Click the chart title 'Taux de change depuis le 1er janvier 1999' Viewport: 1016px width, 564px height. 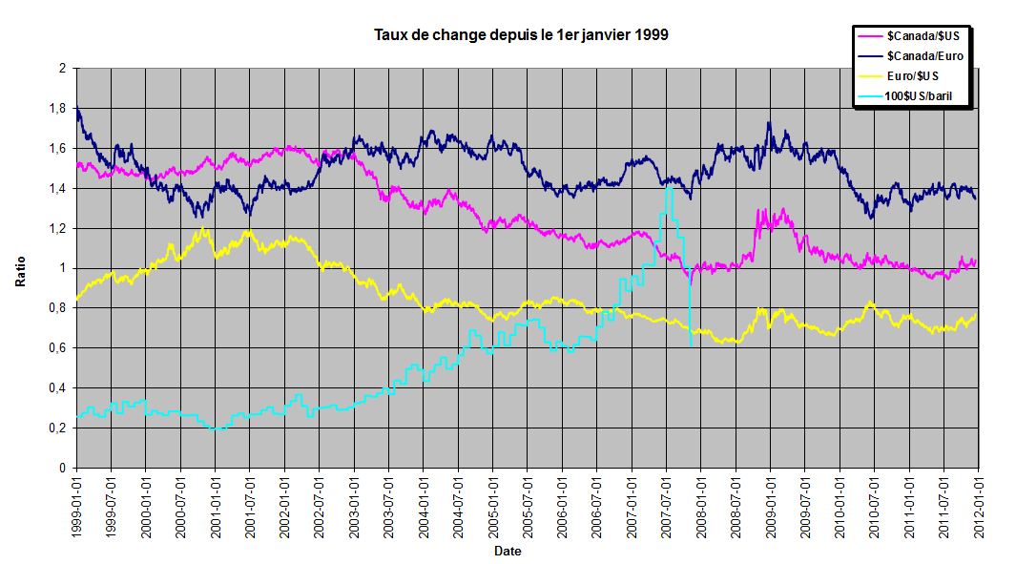click(521, 36)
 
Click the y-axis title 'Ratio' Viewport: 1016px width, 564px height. click(21, 269)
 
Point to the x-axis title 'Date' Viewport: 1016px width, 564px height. click(507, 552)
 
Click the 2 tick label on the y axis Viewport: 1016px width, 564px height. click(61, 69)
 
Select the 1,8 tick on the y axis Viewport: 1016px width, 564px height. click(58, 109)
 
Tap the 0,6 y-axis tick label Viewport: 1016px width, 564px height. click(58, 348)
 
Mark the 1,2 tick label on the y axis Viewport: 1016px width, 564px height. click(58, 229)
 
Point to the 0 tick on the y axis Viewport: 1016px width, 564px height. click(61, 469)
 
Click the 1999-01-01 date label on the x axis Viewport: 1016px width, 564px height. click(75, 507)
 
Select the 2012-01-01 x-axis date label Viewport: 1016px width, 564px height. click(978, 507)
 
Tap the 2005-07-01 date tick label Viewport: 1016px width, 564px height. click(527, 507)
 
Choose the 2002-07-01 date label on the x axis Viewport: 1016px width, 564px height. click(319, 507)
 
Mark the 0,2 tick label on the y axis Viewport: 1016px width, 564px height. click(58, 428)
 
